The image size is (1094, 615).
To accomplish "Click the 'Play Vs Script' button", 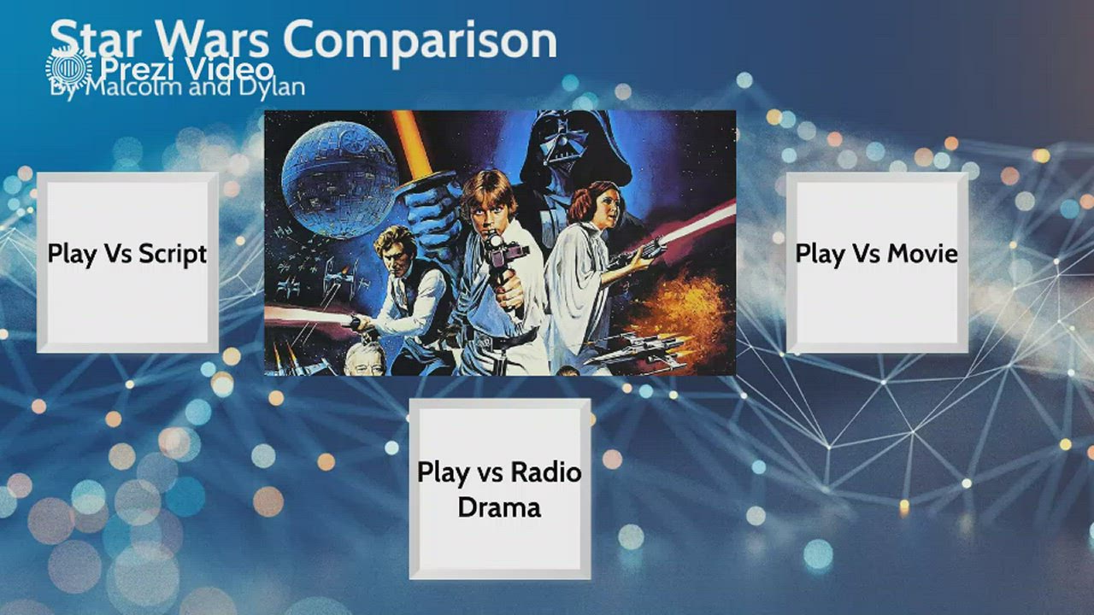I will [x=127, y=262].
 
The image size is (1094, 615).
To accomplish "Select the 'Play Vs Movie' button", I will [x=877, y=262].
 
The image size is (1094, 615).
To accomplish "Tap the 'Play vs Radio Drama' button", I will [x=500, y=489].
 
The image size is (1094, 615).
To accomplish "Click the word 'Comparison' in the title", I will [x=420, y=39].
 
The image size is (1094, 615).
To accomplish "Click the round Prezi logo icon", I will [x=68, y=68].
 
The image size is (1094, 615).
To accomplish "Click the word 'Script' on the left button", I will [x=172, y=254].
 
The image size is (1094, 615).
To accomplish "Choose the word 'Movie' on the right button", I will [x=922, y=254].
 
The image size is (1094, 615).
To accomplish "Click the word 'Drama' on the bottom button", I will [x=500, y=507].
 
